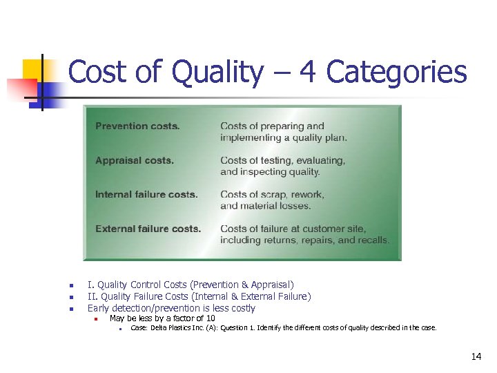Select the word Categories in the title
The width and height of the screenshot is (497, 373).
(396, 73)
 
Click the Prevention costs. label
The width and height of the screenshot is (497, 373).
(137, 126)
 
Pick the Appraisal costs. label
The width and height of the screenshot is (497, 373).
(135, 161)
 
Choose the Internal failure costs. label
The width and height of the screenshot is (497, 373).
(146, 195)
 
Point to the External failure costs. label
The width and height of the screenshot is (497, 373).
(148, 229)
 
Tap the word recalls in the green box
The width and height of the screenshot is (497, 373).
(373, 240)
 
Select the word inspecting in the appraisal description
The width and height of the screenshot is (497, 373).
(260, 172)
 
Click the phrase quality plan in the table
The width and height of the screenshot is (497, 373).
(324, 137)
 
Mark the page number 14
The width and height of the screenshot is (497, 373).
(476, 357)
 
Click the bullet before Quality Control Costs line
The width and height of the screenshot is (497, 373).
(62, 285)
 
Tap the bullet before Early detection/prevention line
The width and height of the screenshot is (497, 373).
(62, 309)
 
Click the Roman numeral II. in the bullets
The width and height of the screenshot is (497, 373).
(92, 296)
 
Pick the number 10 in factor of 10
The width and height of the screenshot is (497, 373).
(210, 318)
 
